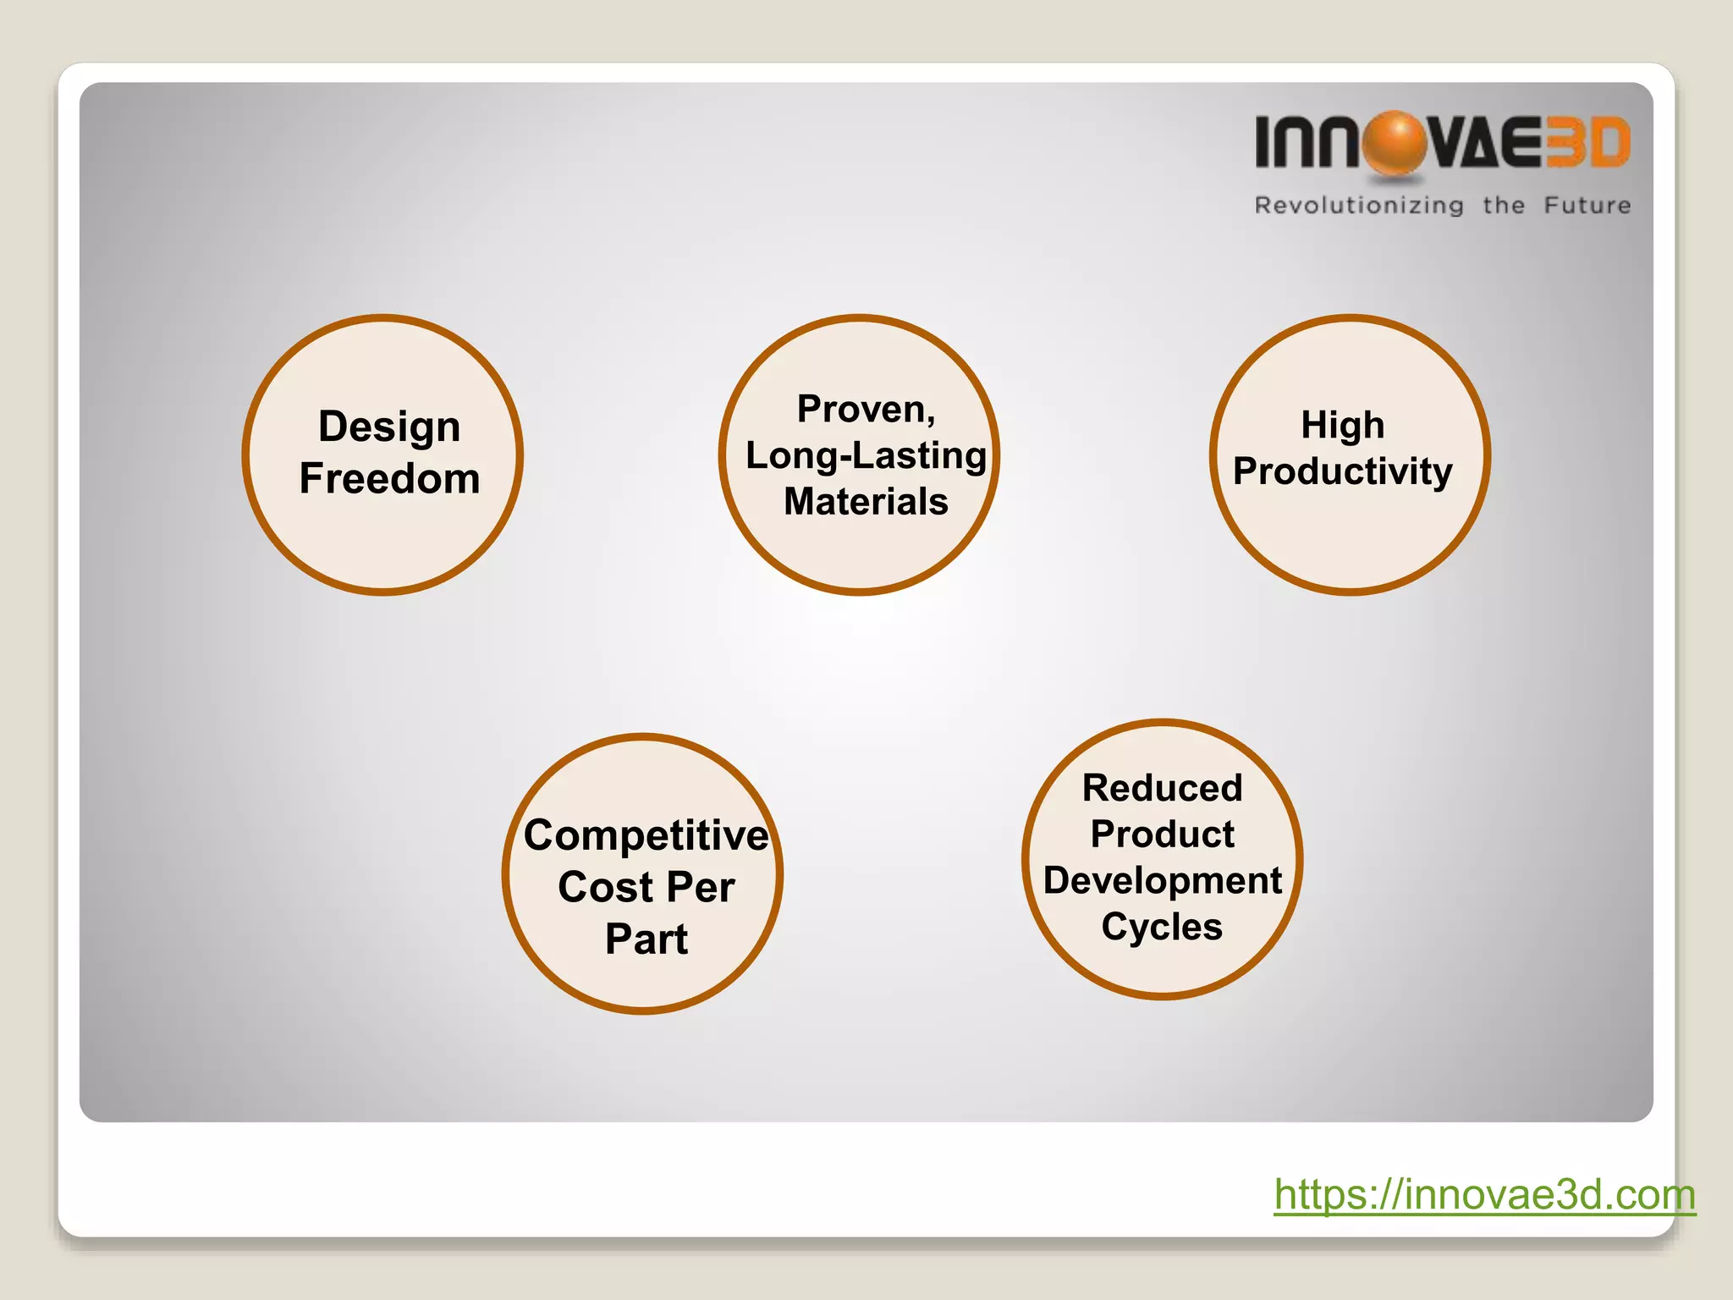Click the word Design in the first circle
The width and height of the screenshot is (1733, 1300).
point(389,427)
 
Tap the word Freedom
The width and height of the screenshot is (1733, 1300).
point(389,479)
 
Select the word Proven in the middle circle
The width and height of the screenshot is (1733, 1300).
point(863,410)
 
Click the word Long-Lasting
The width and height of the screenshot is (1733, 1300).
point(866,456)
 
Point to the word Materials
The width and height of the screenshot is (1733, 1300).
point(866,502)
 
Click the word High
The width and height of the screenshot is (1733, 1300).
point(1343,425)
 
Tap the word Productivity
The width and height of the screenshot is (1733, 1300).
point(1343,471)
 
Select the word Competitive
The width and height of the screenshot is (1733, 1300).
point(646,836)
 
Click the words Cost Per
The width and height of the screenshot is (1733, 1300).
point(646,888)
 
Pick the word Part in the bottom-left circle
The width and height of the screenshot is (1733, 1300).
point(646,939)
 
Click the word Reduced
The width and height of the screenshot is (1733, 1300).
point(1162,789)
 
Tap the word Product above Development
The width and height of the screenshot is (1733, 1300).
point(1162,835)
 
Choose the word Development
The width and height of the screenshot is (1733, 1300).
point(1162,881)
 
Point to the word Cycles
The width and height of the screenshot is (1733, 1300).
point(1162,927)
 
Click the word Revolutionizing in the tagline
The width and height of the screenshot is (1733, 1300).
point(1358,206)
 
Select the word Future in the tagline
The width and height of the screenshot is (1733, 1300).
point(1587,206)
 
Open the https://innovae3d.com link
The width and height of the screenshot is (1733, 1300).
point(1484,1195)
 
